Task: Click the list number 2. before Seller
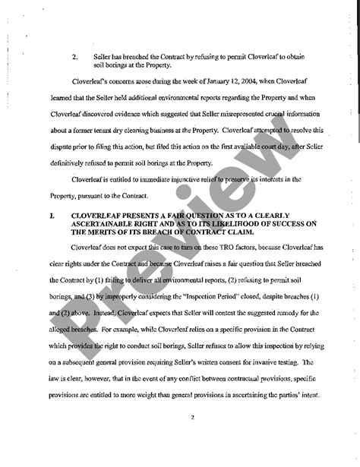pos(74,55)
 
